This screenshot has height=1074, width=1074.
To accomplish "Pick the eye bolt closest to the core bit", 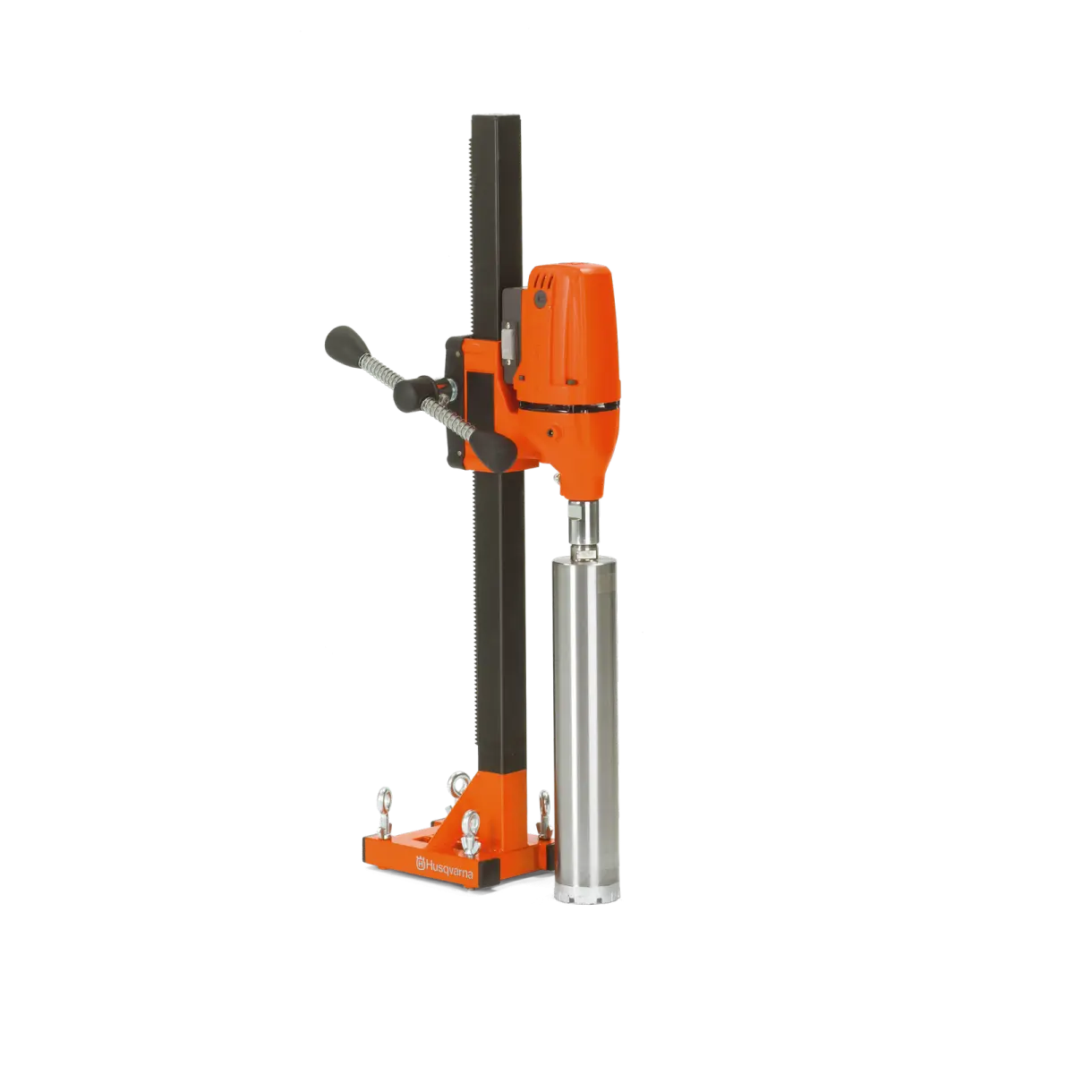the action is pyautogui.click(x=544, y=814).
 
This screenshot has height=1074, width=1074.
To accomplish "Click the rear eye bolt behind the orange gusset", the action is pyautogui.click(x=459, y=786).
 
